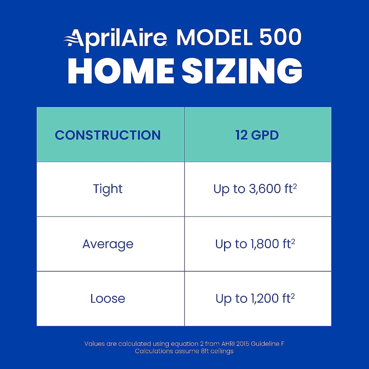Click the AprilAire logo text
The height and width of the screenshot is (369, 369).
[x=115, y=39]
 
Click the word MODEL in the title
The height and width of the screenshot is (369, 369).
[x=214, y=37]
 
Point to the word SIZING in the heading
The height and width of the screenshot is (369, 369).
[x=242, y=70]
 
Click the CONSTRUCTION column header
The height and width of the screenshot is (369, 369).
[x=108, y=135]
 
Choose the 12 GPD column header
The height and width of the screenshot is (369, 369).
[x=257, y=135]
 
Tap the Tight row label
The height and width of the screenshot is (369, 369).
[x=108, y=189]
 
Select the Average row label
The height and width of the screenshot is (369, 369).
[x=108, y=244]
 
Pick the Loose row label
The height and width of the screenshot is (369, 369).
[x=108, y=299]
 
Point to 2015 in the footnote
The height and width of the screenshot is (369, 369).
[x=243, y=344]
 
